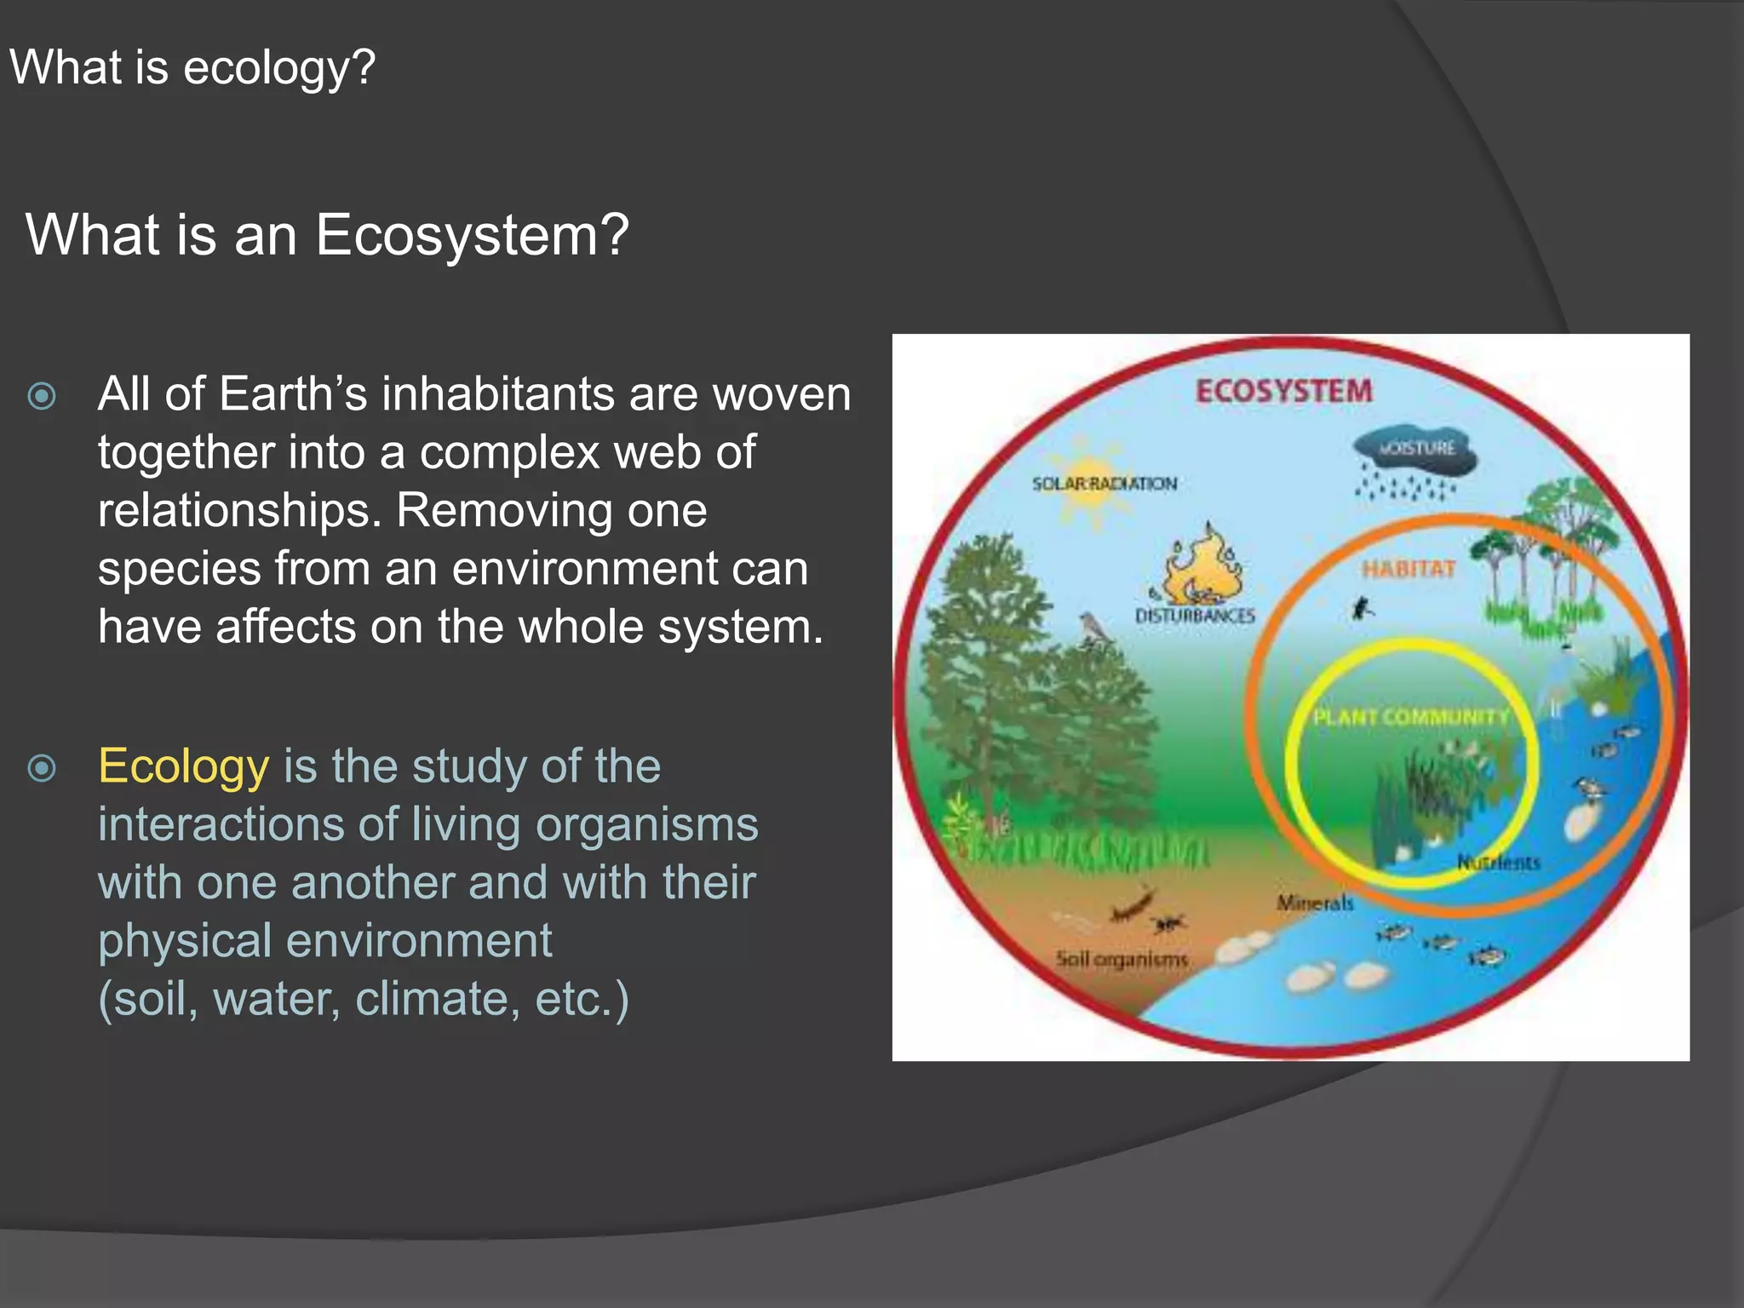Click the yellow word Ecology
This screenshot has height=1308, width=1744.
click(183, 766)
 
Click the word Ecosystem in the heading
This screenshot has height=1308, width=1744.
click(471, 235)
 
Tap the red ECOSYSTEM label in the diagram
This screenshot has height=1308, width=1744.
click(1283, 391)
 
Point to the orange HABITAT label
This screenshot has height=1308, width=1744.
click(1408, 569)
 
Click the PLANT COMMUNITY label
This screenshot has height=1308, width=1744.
click(1410, 717)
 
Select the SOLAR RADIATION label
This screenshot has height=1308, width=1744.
click(1104, 484)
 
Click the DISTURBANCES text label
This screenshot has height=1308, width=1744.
click(1195, 615)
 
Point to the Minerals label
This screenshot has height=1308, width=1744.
click(1314, 903)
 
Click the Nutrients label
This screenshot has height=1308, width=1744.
click(1498, 863)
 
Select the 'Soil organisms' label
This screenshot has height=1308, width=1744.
click(1122, 960)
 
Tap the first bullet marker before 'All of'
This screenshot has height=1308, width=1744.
click(42, 396)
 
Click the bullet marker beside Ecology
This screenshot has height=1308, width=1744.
click(42, 768)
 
